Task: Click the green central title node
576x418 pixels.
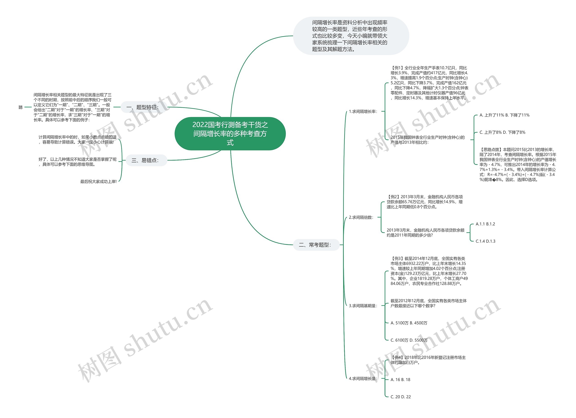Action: coord(230,134)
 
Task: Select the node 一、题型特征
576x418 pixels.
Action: coord(144,107)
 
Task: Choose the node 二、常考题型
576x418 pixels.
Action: coord(316,245)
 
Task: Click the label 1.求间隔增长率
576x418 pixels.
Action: coord(363,112)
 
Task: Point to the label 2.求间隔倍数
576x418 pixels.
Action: coord(361,217)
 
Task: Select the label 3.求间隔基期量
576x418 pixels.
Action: coord(363,306)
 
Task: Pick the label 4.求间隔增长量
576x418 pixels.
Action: coord(363,379)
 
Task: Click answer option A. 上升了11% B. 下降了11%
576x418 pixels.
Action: coord(504,115)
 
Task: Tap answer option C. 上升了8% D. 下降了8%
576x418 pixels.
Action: coord(502,132)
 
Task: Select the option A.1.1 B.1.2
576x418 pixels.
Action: coord(485,224)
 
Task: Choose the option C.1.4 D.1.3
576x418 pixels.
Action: coord(485,241)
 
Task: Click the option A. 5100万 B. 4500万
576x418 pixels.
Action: coord(409,323)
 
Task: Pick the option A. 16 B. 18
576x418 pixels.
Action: coord(400,380)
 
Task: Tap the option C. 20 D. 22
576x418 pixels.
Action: coord(400,397)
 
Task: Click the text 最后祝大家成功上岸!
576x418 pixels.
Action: coord(99,182)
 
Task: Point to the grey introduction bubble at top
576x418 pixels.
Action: coord(351,36)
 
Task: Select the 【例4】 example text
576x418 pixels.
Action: coord(428,360)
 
